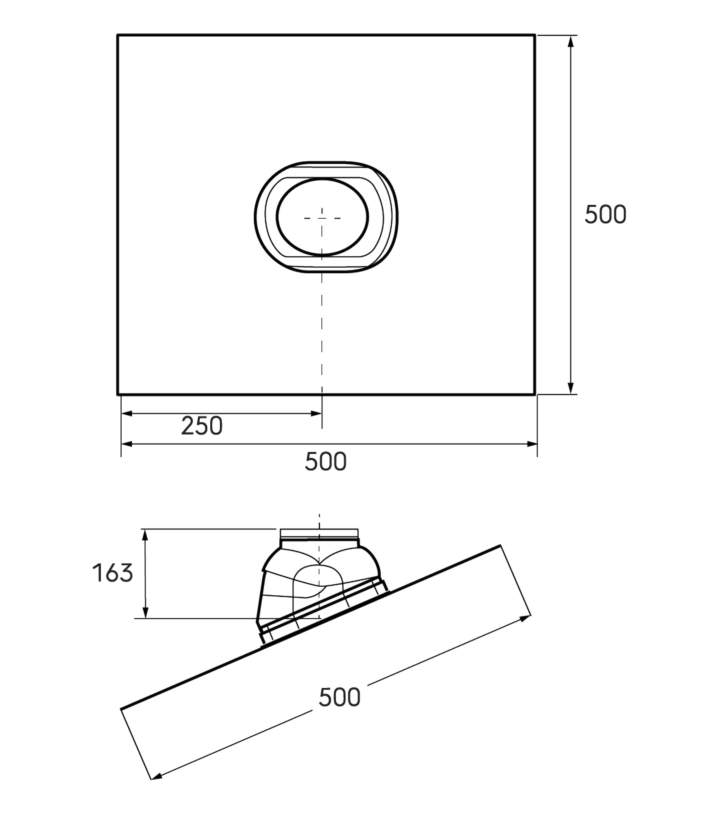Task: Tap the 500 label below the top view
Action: click(x=325, y=461)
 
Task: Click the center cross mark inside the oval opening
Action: click(x=322, y=218)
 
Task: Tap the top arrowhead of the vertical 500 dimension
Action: click(x=571, y=41)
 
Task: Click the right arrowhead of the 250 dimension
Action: click(x=316, y=413)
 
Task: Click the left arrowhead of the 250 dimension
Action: click(x=127, y=413)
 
